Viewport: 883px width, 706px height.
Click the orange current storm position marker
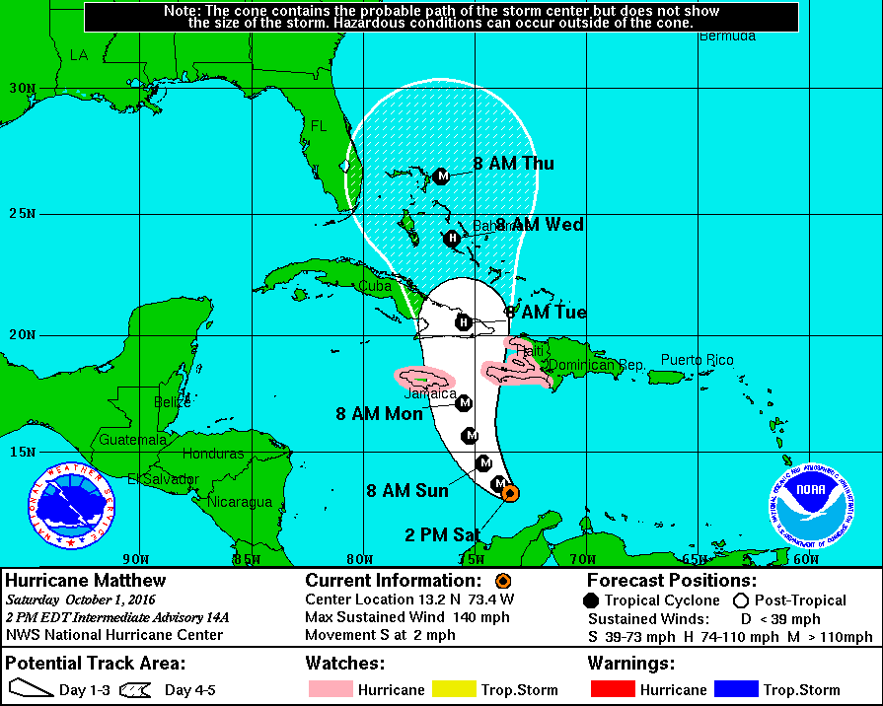[x=511, y=496]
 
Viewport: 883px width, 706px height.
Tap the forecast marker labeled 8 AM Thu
[x=442, y=176]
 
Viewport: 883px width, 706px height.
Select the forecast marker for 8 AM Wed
[x=452, y=238]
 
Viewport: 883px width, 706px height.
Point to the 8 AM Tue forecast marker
[x=463, y=321]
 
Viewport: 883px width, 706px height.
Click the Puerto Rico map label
[x=697, y=360]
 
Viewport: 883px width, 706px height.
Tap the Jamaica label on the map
[x=431, y=393]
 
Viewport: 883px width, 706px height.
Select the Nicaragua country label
[x=239, y=502]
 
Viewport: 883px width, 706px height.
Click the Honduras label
[x=213, y=455]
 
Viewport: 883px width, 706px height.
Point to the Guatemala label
[x=132, y=440]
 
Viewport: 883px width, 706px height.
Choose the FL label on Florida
[x=319, y=127]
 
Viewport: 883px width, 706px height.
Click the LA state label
[x=79, y=55]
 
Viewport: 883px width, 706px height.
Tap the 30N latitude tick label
[x=22, y=88]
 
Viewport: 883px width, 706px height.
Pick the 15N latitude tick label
[x=22, y=452]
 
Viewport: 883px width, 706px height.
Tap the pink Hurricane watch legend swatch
[x=331, y=689]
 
